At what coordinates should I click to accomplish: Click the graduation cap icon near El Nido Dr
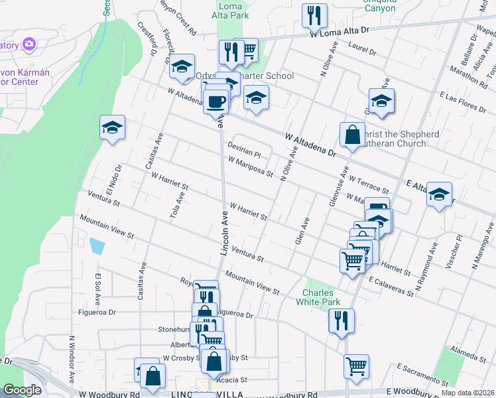(x=113, y=127)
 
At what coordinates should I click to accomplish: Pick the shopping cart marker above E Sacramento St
(x=357, y=365)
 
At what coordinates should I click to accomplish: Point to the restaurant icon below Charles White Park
(x=341, y=321)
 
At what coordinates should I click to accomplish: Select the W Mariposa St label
(x=250, y=166)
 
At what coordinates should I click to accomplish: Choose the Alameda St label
(x=467, y=352)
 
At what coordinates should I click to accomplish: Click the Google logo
(x=23, y=390)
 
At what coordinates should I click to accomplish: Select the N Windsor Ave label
(x=71, y=359)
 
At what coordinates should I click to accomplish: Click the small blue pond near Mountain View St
(x=97, y=246)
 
